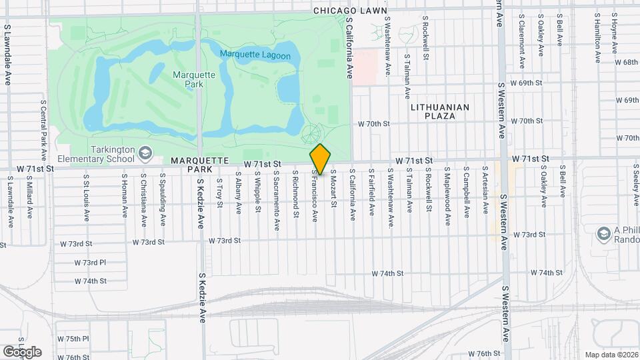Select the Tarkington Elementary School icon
pos(144,155)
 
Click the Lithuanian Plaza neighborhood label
pos(440,111)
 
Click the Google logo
pos(22,351)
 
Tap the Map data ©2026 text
pos(611,355)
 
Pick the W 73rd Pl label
pos(90,263)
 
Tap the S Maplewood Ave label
pos(447,191)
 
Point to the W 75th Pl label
pos(73,339)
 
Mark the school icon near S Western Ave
pos(604,233)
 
